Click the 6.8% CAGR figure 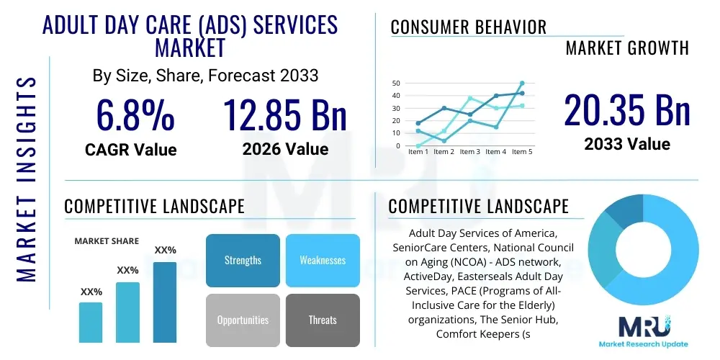(x=135, y=115)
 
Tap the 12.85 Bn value (x=284, y=115)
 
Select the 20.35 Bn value (x=626, y=111)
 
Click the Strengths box (x=243, y=260)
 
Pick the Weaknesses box (x=323, y=260)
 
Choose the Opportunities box (x=243, y=320)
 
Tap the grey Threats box (x=323, y=320)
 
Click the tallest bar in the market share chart (x=165, y=302)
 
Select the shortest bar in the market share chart (x=91, y=322)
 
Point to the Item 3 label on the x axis (x=469, y=152)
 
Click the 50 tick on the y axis (x=395, y=83)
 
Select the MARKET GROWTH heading (x=627, y=48)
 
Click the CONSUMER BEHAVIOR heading (x=469, y=27)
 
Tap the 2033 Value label (x=626, y=144)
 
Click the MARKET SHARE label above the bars (x=107, y=241)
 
